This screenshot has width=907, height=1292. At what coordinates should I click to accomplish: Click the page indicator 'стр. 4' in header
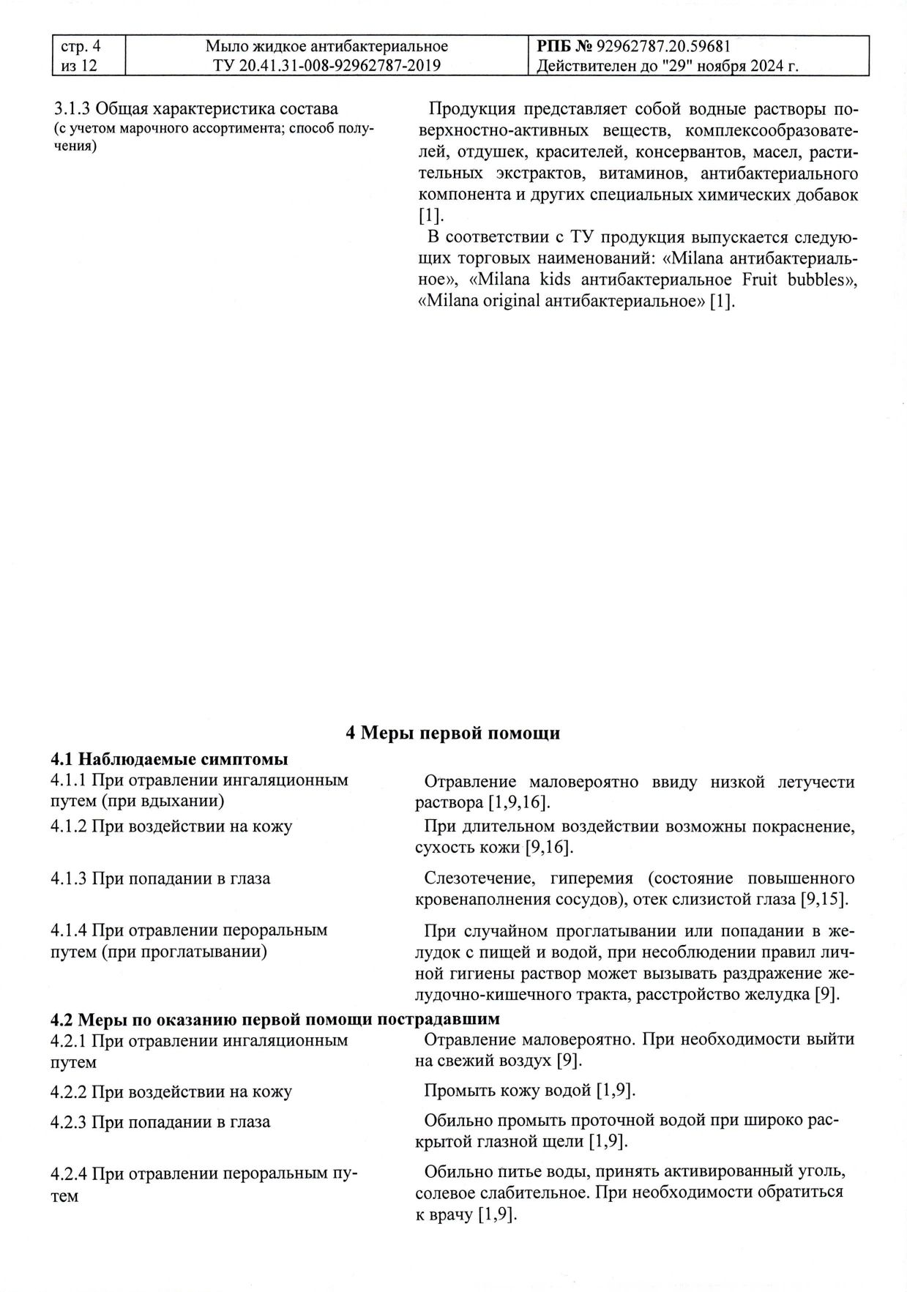tap(81, 47)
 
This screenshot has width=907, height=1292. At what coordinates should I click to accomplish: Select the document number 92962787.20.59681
tap(664, 47)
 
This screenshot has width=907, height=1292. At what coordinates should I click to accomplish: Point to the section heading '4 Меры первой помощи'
tap(452, 733)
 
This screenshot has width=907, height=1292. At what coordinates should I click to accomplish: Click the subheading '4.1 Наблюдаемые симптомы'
tap(168, 758)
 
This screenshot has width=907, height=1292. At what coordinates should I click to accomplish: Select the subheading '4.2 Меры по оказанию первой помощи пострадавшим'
tap(275, 1019)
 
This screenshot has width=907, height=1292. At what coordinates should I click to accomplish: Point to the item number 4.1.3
tap(69, 878)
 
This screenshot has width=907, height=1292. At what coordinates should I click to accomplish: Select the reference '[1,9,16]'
tap(518, 802)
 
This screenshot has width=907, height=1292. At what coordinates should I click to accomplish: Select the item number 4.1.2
tap(69, 826)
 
